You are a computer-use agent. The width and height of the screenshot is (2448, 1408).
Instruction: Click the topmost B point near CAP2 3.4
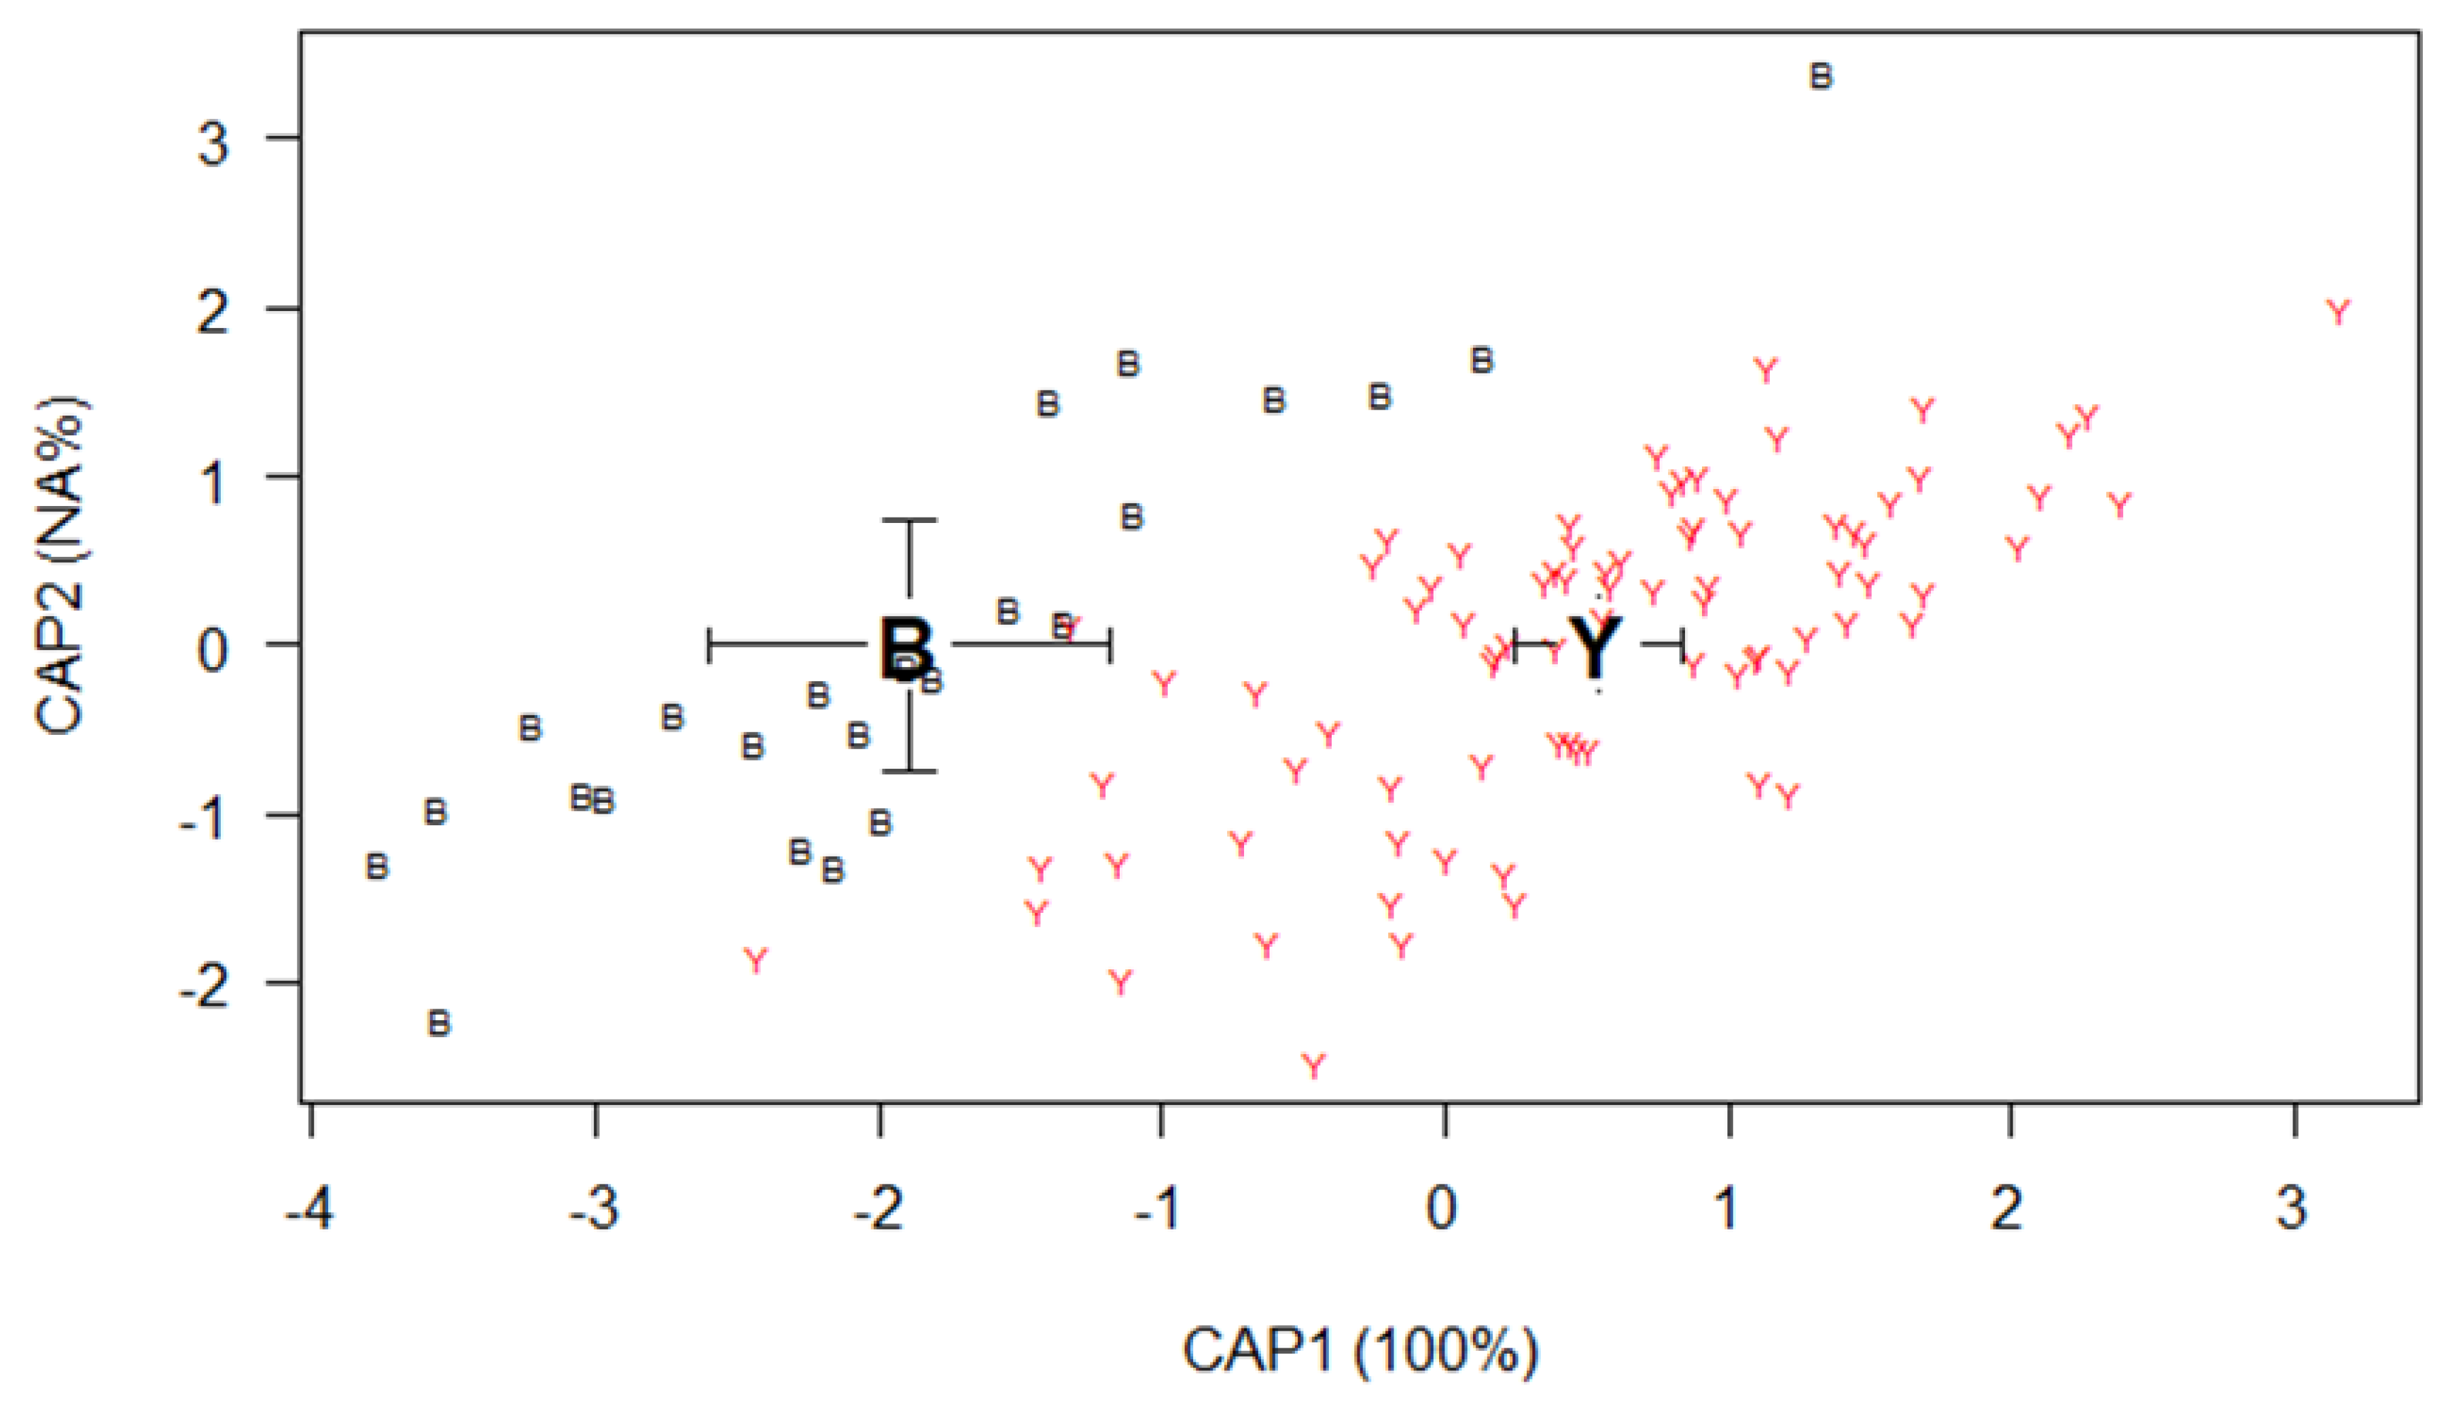click(1820, 75)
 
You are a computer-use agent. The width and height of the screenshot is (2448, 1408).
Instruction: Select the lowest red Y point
click(1313, 1066)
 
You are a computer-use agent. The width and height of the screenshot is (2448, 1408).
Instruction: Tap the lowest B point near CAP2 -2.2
click(439, 1022)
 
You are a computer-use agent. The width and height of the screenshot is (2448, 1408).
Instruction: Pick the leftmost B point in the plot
click(377, 867)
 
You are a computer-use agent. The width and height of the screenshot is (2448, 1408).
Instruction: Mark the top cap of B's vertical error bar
click(909, 520)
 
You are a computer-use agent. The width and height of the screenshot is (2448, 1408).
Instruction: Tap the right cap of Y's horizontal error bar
click(1683, 644)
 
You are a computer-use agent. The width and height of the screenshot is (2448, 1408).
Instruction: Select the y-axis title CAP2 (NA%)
click(60, 566)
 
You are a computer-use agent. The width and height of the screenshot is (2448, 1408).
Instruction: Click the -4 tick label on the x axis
click(310, 1209)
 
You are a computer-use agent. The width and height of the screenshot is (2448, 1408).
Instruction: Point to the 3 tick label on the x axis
click(2291, 1209)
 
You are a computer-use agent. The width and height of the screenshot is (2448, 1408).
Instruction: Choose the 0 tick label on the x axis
click(1441, 1209)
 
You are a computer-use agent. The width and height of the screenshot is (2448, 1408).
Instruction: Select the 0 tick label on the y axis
click(214, 650)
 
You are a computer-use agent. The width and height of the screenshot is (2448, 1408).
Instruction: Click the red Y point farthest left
click(756, 960)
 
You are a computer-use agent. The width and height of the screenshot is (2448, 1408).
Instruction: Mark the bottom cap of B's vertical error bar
click(909, 771)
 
